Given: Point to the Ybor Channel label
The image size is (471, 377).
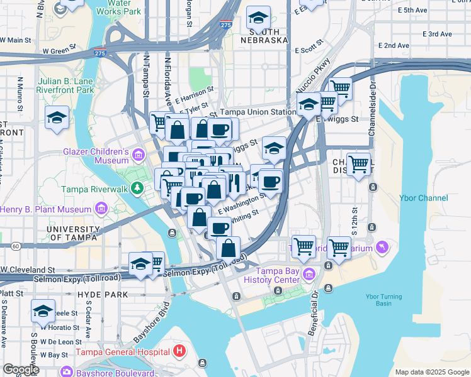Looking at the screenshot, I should coord(423,198).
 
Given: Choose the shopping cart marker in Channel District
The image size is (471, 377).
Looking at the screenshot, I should coord(358,165).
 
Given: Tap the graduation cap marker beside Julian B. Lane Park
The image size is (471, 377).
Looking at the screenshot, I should coord(57,117).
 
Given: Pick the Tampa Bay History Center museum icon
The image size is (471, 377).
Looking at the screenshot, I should coord(309,274).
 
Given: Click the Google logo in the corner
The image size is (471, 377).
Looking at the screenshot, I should coord(20,369).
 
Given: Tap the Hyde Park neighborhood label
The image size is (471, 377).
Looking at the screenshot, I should coord(102,294).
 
